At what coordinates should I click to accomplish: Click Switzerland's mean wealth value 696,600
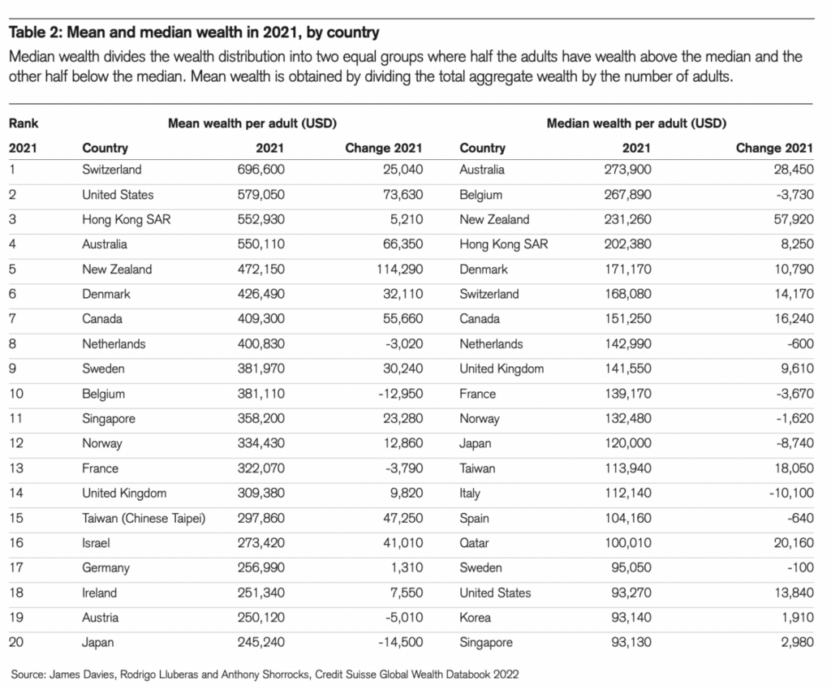[x=260, y=170]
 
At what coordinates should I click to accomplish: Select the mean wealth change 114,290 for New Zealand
[x=399, y=270]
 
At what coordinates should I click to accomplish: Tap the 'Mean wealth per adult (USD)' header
[x=252, y=123]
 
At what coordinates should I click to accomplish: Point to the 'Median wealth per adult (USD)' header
[x=636, y=123]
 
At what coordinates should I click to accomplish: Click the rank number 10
[x=16, y=394]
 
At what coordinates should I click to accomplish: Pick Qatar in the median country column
[x=474, y=543]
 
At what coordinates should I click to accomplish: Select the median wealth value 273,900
[x=627, y=170]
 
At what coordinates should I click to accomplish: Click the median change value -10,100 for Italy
[x=791, y=494]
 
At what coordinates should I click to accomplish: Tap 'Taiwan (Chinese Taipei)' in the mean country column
[x=144, y=518]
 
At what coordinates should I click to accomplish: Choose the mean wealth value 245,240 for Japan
[x=260, y=642]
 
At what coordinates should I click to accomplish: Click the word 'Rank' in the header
[x=24, y=123]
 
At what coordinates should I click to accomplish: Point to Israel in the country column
[x=96, y=543]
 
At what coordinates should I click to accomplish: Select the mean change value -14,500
[x=401, y=642]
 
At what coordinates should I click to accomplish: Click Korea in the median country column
[x=475, y=618]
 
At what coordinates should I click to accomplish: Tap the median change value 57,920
[x=794, y=219]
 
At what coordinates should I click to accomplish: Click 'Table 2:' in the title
[x=36, y=32]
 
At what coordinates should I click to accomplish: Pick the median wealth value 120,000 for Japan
[x=628, y=443]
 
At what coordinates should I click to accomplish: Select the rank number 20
[x=16, y=642]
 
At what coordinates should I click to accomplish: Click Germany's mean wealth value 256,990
[x=260, y=568]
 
